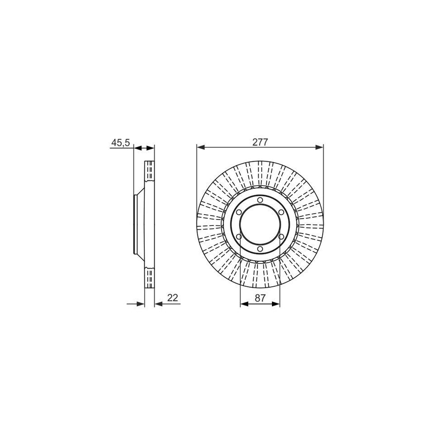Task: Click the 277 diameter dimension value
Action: [260, 142]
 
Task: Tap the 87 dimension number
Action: [260, 298]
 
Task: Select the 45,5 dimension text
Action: [120, 142]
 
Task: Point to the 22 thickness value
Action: [173, 298]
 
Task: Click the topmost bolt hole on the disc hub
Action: [260, 200]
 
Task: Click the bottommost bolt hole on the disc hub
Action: [260, 250]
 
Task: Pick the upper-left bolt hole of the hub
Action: [238, 212]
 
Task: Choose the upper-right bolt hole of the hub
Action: [282, 212]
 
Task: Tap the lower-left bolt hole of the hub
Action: [238, 237]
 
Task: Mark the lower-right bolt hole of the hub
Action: [282, 237]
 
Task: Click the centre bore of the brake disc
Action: [260, 225]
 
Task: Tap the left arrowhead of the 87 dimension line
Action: [243, 304]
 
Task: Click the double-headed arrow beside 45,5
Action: [144, 147]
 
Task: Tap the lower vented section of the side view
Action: [149, 278]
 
